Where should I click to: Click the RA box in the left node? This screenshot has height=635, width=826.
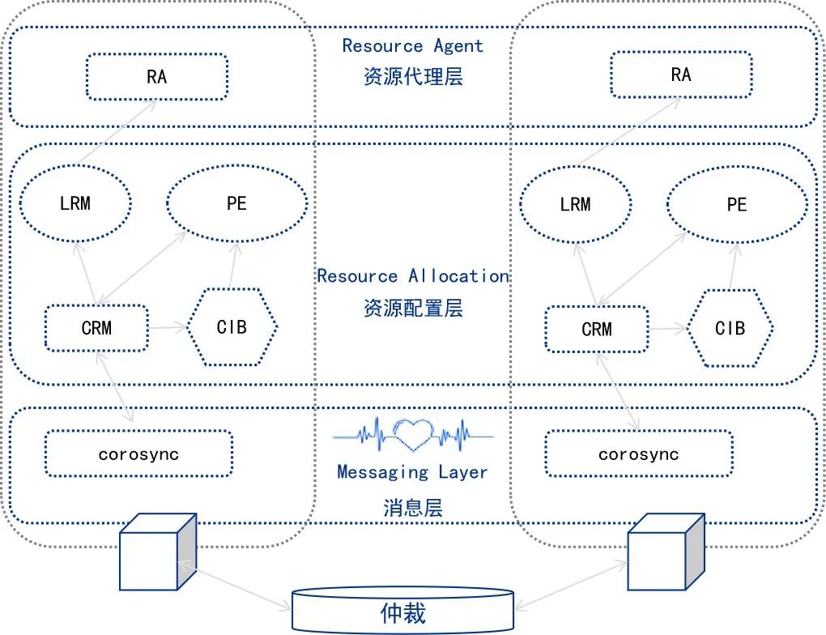(156, 77)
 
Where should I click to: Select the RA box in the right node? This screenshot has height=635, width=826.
(680, 75)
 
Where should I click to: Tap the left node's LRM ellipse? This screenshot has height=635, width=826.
(75, 203)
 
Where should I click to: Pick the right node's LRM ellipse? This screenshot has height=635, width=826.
(575, 204)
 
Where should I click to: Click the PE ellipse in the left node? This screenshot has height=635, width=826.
(236, 203)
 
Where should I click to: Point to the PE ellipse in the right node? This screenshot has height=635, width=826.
(735, 204)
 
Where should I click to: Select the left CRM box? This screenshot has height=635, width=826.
(96, 328)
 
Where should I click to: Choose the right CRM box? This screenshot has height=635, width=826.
(597, 329)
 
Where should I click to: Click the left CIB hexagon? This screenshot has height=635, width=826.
(232, 327)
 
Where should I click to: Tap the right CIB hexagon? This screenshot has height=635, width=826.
(730, 328)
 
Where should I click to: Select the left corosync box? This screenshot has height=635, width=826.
(138, 454)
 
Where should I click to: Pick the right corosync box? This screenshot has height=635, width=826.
(638, 454)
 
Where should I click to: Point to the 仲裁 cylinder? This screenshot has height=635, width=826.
(402, 612)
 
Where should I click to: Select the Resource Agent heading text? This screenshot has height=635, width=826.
(412, 46)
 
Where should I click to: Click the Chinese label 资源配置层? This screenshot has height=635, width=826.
(413, 308)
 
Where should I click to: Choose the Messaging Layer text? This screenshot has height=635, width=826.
(412, 471)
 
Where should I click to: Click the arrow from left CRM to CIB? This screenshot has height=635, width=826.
(168, 328)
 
